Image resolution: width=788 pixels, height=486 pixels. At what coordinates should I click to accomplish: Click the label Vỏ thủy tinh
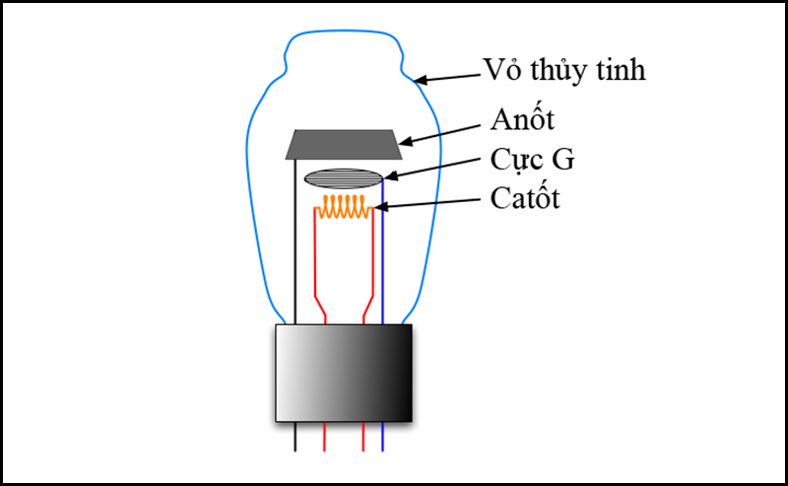coord(563,70)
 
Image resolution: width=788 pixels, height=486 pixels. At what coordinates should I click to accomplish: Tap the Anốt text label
coord(522,119)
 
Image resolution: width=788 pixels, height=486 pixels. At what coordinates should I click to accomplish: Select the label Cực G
coord(532,161)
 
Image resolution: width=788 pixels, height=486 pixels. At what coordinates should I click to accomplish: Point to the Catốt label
coord(525,198)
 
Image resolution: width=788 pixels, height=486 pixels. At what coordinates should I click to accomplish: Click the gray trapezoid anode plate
coord(344,144)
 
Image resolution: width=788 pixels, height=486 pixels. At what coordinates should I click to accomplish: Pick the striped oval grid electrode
coord(344,178)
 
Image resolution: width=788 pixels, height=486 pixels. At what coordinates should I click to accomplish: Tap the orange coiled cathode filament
coord(344,207)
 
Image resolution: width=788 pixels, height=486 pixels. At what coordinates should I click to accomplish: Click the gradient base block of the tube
coord(344,373)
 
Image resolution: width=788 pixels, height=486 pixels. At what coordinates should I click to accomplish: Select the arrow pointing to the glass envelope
coord(448,78)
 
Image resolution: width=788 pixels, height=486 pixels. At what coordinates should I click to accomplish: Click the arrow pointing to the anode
coord(439,135)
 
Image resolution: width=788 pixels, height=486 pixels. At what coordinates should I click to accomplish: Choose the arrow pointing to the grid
coord(432,169)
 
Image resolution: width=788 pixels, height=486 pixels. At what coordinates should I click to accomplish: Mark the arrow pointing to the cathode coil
coord(427,203)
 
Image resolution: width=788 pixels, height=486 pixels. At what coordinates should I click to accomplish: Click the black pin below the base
coord(295,437)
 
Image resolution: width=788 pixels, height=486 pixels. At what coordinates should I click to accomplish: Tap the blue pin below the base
coord(382,437)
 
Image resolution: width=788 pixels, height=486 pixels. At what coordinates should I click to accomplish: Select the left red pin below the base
coord(325,437)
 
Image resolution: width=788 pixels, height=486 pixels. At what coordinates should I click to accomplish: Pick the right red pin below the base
coord(363,437)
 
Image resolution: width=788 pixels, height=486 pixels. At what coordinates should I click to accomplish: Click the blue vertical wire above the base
coord(382,251)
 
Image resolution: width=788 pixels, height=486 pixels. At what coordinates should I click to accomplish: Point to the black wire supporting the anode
coord(295,242)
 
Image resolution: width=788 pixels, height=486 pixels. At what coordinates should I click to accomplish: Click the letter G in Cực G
coord(562,159)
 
